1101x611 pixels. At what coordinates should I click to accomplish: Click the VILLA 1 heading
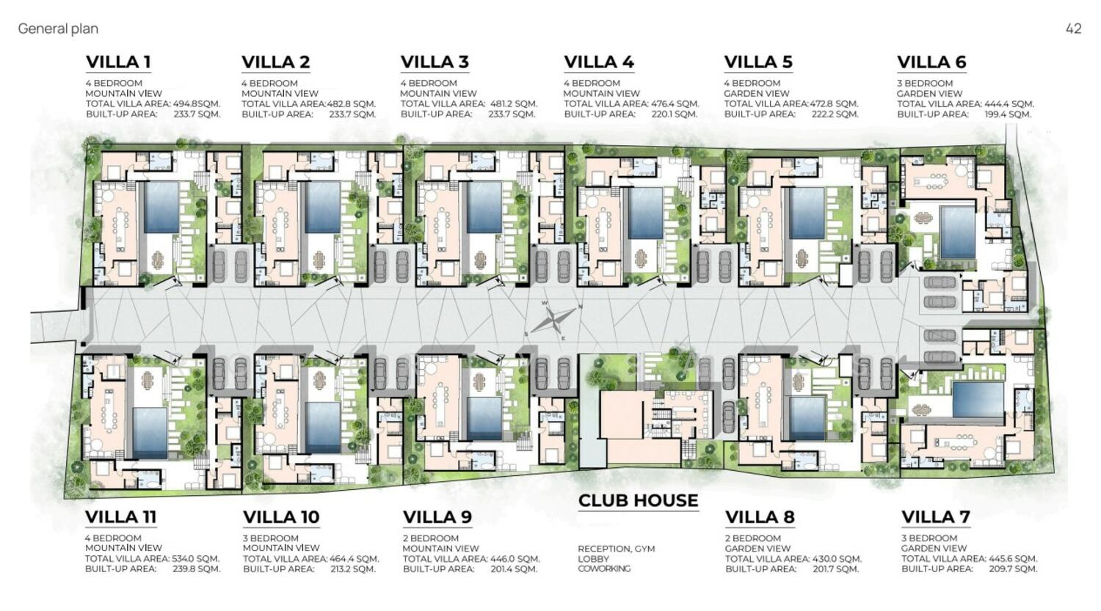point(118,62)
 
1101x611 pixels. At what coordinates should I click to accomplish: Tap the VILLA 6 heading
point(931,62)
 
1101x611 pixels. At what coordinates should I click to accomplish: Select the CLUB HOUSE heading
point(638,501)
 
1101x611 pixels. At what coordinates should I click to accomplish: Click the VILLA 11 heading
point(120,517)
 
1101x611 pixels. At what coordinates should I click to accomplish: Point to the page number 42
point(1073,29)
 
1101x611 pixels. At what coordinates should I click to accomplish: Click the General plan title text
point(58,29)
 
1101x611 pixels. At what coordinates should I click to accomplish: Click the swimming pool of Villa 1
point(161,208)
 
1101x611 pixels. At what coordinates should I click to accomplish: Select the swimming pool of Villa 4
point(646,213)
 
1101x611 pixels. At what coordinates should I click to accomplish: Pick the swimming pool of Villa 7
point(978,399)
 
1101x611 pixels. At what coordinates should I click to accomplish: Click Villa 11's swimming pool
point(150,431)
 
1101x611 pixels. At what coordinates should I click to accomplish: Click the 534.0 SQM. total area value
point(196,559)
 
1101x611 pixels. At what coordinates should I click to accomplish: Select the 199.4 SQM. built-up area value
point(1008,114)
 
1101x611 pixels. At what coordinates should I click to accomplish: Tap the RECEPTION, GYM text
point(616,549)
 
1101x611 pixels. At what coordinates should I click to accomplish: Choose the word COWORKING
point(603,568)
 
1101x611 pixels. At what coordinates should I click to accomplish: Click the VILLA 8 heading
point(760,517)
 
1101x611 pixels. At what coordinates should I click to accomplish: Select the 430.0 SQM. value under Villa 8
point(836,559)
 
